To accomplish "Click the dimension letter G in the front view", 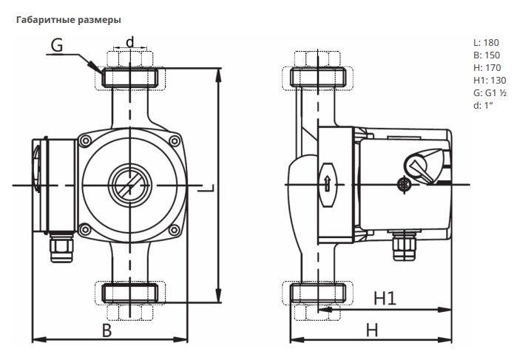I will (58, 45).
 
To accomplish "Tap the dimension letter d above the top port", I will (131, 41).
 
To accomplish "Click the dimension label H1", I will (385, 299).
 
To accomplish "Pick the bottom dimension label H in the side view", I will (373, 329).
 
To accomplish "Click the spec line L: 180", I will (486, 42).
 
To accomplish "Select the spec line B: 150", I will (486, 55).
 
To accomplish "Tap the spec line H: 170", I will (487, 68).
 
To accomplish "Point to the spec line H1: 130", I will (489, 81).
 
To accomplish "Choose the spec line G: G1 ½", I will (490, 93).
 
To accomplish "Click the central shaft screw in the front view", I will (130, 184).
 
